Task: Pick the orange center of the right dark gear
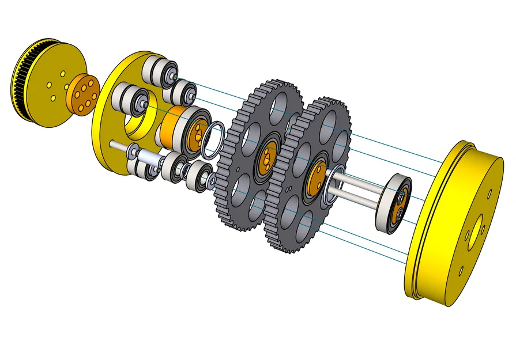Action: coord(316,178)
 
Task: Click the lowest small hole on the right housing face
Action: coord(461,269)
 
